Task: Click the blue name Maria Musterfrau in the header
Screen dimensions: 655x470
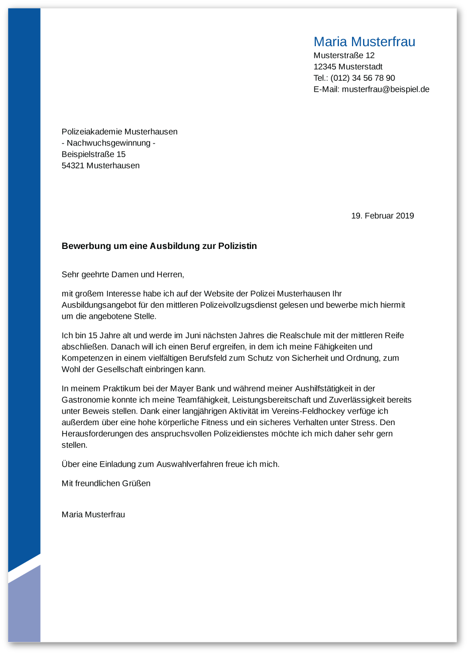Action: pos(364,42)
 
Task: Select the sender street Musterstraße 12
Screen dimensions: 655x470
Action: pos(344,55)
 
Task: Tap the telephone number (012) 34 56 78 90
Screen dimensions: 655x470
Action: pos(363,78)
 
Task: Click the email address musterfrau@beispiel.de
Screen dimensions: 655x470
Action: pos(385,89)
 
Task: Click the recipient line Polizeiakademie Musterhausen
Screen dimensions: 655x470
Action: pos(120,132)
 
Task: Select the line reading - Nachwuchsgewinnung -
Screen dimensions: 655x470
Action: pos(108,143)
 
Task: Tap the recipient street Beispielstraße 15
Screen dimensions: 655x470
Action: pos(93,154)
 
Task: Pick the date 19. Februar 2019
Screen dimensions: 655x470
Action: pos(382,216)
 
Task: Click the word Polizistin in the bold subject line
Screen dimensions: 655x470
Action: pos(238,246)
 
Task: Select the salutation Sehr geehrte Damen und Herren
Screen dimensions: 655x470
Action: pos(123,275)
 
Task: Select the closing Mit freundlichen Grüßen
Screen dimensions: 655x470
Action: pos(106,483)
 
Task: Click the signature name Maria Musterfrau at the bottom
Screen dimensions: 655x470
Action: pos(93,514)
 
